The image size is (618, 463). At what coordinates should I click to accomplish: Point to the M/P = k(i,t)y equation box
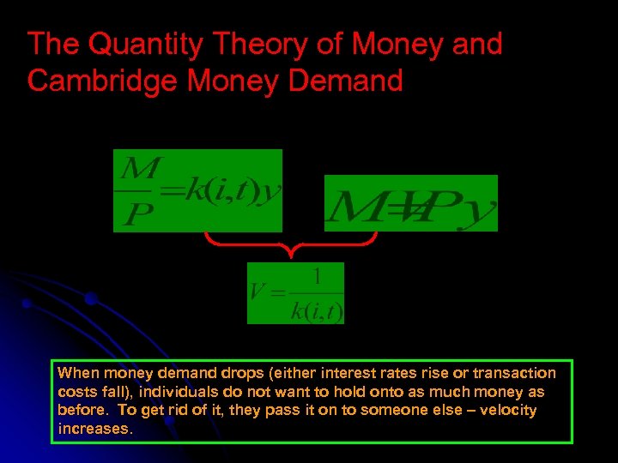click(x=197, y=190)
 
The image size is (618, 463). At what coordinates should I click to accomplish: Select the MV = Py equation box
click(x=410, y=203)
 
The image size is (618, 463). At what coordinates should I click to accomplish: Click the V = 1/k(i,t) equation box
click(x=295, y=293)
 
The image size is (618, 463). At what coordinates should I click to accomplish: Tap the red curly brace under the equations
click(x=292, y=245)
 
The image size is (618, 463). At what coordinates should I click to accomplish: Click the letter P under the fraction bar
click(x=133, y=214)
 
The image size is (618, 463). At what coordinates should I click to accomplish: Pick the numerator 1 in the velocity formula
click(x=317, y=276)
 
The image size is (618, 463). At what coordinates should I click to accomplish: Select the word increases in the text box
click(x=94, y=429)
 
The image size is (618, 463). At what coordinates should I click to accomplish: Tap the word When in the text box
click(x=78, y=373)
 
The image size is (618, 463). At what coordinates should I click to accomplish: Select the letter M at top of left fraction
click(x=137, y=165)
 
